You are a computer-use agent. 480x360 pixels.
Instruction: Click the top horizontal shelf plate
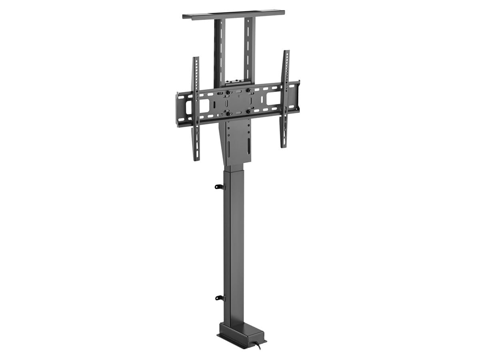point(233,14)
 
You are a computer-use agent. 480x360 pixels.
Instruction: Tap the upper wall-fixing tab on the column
point(219,186)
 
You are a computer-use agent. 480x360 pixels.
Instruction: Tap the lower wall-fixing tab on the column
point(219,297)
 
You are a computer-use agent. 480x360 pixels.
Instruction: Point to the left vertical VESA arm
point(196,108)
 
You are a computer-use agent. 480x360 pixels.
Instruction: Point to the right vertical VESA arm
point(285,98)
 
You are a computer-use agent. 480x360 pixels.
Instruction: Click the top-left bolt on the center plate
point(228,92)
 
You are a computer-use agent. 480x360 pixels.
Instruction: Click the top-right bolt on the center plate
point(248,90)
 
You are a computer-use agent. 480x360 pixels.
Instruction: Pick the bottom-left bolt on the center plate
point(228,114)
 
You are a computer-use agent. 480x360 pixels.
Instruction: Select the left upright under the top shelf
point(220,52)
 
